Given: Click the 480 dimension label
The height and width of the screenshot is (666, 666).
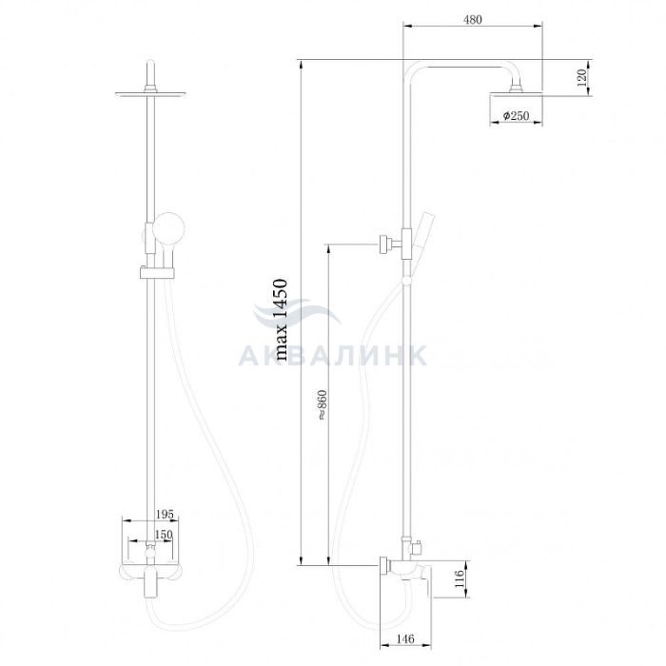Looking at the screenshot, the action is point(473,20).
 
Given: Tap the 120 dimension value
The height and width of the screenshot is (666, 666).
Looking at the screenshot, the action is point(582,78).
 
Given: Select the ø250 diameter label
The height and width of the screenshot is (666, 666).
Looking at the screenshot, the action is point(516,115).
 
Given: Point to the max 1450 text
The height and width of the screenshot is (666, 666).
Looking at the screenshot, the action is point(281,320).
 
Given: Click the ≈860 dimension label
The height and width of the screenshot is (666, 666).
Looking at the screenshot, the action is point(323,404).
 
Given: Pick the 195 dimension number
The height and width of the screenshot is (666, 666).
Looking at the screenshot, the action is point(165,514).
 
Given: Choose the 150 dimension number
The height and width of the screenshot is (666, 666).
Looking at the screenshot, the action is point(163,535).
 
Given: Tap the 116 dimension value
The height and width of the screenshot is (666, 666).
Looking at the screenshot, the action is point(460,578).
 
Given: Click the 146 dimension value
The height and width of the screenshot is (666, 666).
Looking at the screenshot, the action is point(404,638).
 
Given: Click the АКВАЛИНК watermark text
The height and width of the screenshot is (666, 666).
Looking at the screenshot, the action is point(332,356).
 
